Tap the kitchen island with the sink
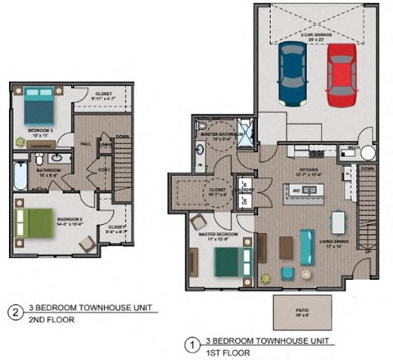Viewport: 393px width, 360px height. point(302,192)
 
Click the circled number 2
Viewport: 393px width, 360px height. point(14,312)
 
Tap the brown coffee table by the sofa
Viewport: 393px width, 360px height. point(286,246)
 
